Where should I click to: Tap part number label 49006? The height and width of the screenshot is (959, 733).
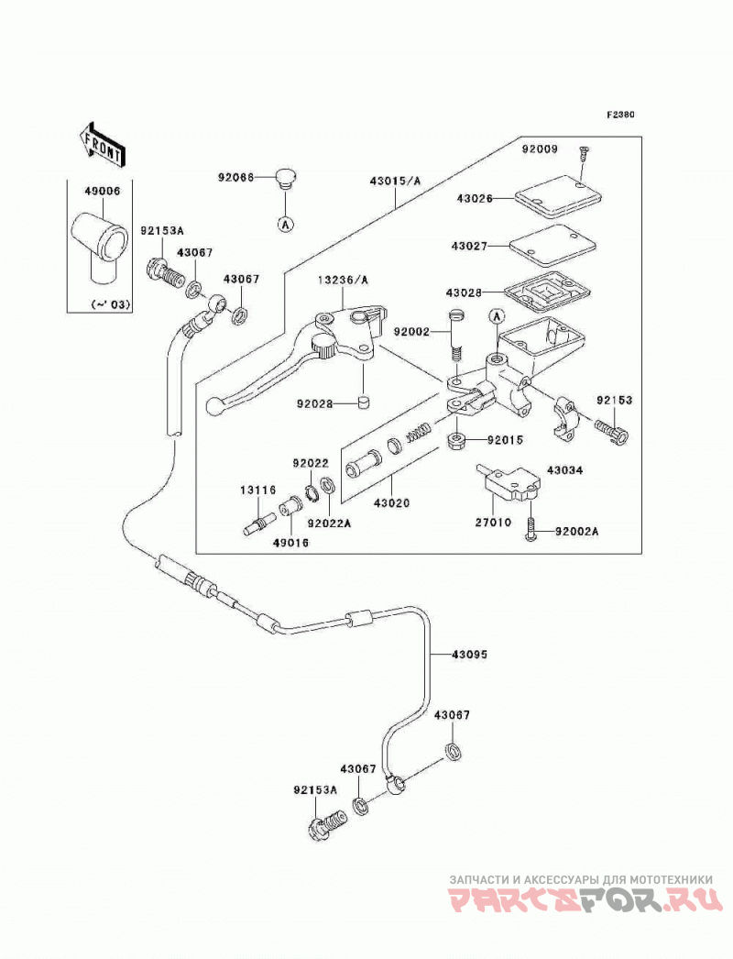(x=103, y=191)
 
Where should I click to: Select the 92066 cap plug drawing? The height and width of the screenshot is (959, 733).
(x=283, y=178)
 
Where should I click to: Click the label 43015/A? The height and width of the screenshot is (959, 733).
(x=395, y=181)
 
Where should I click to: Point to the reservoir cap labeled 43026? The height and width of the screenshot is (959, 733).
(x=558, y=196)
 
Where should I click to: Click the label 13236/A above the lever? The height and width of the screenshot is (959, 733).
(x=343, y=281)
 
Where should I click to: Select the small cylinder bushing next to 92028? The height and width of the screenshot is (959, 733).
(x=364, y=402)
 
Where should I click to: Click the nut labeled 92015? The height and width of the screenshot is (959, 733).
(x=455, y=440)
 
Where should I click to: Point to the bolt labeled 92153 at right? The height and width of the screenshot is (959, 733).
(x=611, y=432)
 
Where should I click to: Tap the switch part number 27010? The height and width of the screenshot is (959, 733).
(x=493, y=523)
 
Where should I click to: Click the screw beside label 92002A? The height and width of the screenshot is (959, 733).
(x=530, y=528)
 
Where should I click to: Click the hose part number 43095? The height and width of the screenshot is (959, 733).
(x=469, y=655)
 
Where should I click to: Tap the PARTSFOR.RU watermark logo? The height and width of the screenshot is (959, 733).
(x=585, y=902)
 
